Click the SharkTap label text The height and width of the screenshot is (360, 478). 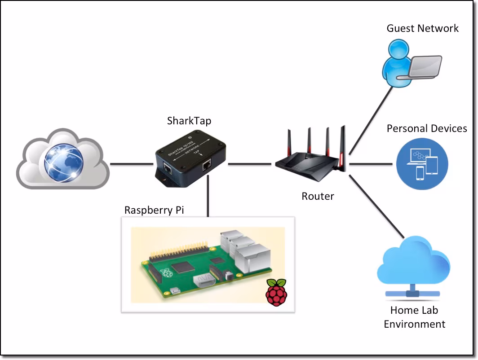tap(189, 120)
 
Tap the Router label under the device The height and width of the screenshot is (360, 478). tap(318, 196)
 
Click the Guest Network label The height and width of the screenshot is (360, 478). tap(422, 29)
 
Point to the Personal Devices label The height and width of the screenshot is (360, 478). tap(427, 128)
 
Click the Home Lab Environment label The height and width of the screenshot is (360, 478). tap(414, 317)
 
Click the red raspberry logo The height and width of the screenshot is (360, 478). tap(277, 292)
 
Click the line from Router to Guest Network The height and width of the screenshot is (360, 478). tap(371, 119)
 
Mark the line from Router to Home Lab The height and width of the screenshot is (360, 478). tap(375, 204)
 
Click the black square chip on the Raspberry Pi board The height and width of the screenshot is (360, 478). tap(185, 267)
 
